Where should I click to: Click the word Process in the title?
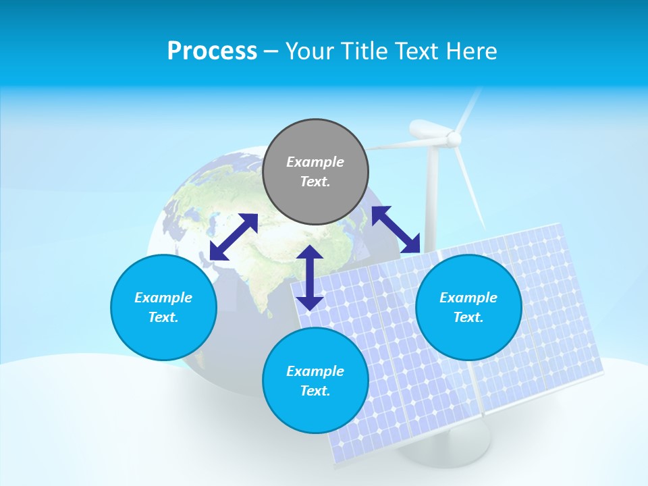click(x=212, y=51)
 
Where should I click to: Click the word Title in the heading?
click(x=364, y=51)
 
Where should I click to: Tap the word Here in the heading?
click(x=470, y=51)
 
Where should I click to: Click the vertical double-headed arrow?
click(x=310, y=278)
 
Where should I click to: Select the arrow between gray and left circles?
click(x=234, y=236)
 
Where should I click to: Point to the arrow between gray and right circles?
click(x=396, y=230)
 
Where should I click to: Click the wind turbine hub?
click(x=454, y=139)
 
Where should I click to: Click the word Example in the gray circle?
click(x=315, y=162)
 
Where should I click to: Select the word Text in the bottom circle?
click(x=315, y=391)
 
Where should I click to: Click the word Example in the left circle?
click(x=163, y=298)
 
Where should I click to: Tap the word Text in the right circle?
click(x=468, y=317)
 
